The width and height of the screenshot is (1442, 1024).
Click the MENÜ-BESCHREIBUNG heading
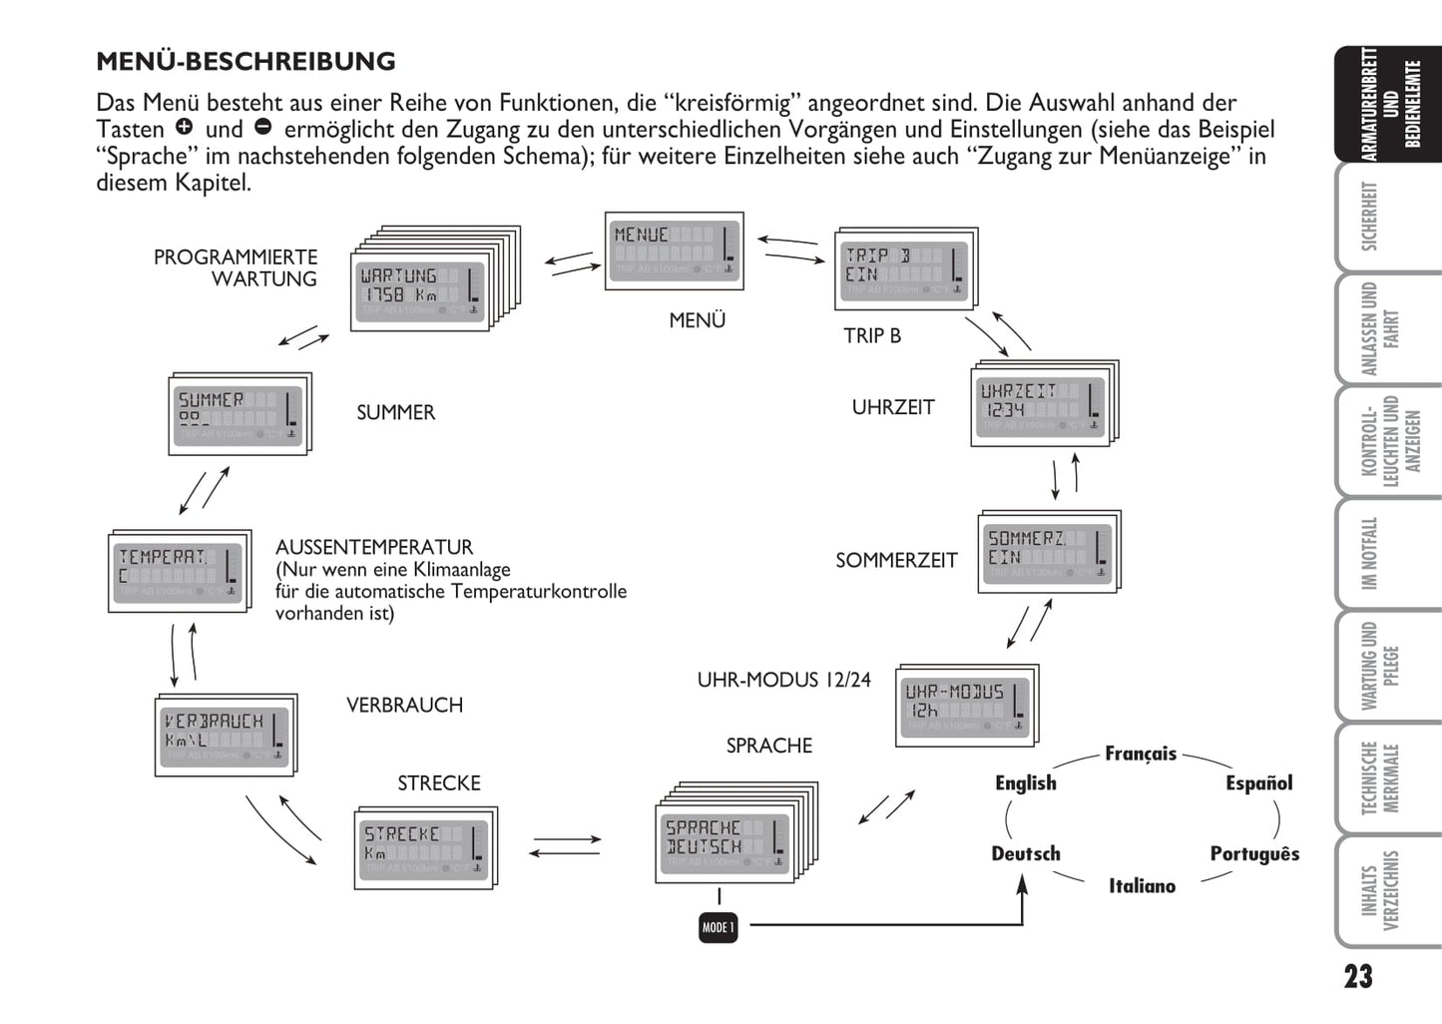[x=245, y=62]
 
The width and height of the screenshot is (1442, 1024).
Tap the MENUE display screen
[x=674, y=251]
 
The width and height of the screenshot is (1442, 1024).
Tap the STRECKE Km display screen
[x=425, y=848]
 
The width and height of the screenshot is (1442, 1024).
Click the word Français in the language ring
[x=1141, y=754]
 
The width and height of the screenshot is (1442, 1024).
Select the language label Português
[x=1254, y=854]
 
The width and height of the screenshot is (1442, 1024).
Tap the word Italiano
[x=1142, y=886]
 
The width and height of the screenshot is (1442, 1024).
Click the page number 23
[x=1357, y=977]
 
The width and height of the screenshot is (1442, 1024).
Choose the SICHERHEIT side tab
[x=1381, y=216]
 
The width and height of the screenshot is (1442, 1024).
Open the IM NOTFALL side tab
[x=1381, y=552]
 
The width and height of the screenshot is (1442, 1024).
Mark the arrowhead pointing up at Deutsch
[x=1022, y=884]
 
